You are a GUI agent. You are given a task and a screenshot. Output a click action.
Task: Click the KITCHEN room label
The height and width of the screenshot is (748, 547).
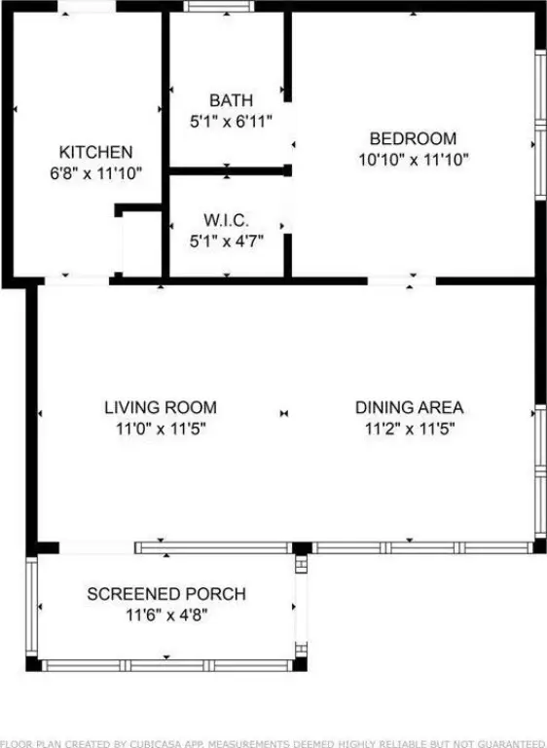95,152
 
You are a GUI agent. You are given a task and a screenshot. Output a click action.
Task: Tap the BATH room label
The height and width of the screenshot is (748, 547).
232,100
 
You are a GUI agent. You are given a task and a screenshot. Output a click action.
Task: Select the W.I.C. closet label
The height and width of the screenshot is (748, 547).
227,220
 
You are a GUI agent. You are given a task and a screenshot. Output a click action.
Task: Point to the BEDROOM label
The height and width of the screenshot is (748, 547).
413,138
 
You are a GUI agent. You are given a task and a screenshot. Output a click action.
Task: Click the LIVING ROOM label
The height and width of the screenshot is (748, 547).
161,407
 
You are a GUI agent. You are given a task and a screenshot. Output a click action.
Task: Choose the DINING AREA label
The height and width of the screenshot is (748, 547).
409,407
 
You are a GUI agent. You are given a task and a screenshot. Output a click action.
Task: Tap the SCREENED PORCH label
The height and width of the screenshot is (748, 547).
166,594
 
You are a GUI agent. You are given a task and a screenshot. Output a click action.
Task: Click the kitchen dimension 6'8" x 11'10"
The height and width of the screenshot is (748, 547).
95,173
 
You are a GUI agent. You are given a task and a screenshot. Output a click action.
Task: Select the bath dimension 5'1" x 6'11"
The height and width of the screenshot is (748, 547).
232,122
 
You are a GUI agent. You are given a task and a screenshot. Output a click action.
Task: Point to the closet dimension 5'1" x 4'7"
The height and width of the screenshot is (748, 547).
227,242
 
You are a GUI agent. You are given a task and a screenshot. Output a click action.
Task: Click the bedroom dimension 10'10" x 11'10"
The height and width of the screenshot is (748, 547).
414,160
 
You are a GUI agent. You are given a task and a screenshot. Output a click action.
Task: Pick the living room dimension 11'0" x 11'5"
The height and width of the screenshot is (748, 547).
161,429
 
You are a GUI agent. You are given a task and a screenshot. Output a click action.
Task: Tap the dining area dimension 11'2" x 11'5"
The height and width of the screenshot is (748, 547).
410,429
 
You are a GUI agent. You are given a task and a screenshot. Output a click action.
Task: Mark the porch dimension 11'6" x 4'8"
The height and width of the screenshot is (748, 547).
166,615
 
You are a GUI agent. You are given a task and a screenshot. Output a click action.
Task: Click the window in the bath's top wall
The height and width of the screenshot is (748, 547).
219,6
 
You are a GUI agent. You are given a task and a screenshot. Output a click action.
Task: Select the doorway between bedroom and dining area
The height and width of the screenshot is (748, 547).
402,280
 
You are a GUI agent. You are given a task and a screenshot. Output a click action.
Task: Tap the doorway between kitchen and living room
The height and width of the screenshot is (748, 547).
77,280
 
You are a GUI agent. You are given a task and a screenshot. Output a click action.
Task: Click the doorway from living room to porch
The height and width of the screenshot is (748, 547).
96,547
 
